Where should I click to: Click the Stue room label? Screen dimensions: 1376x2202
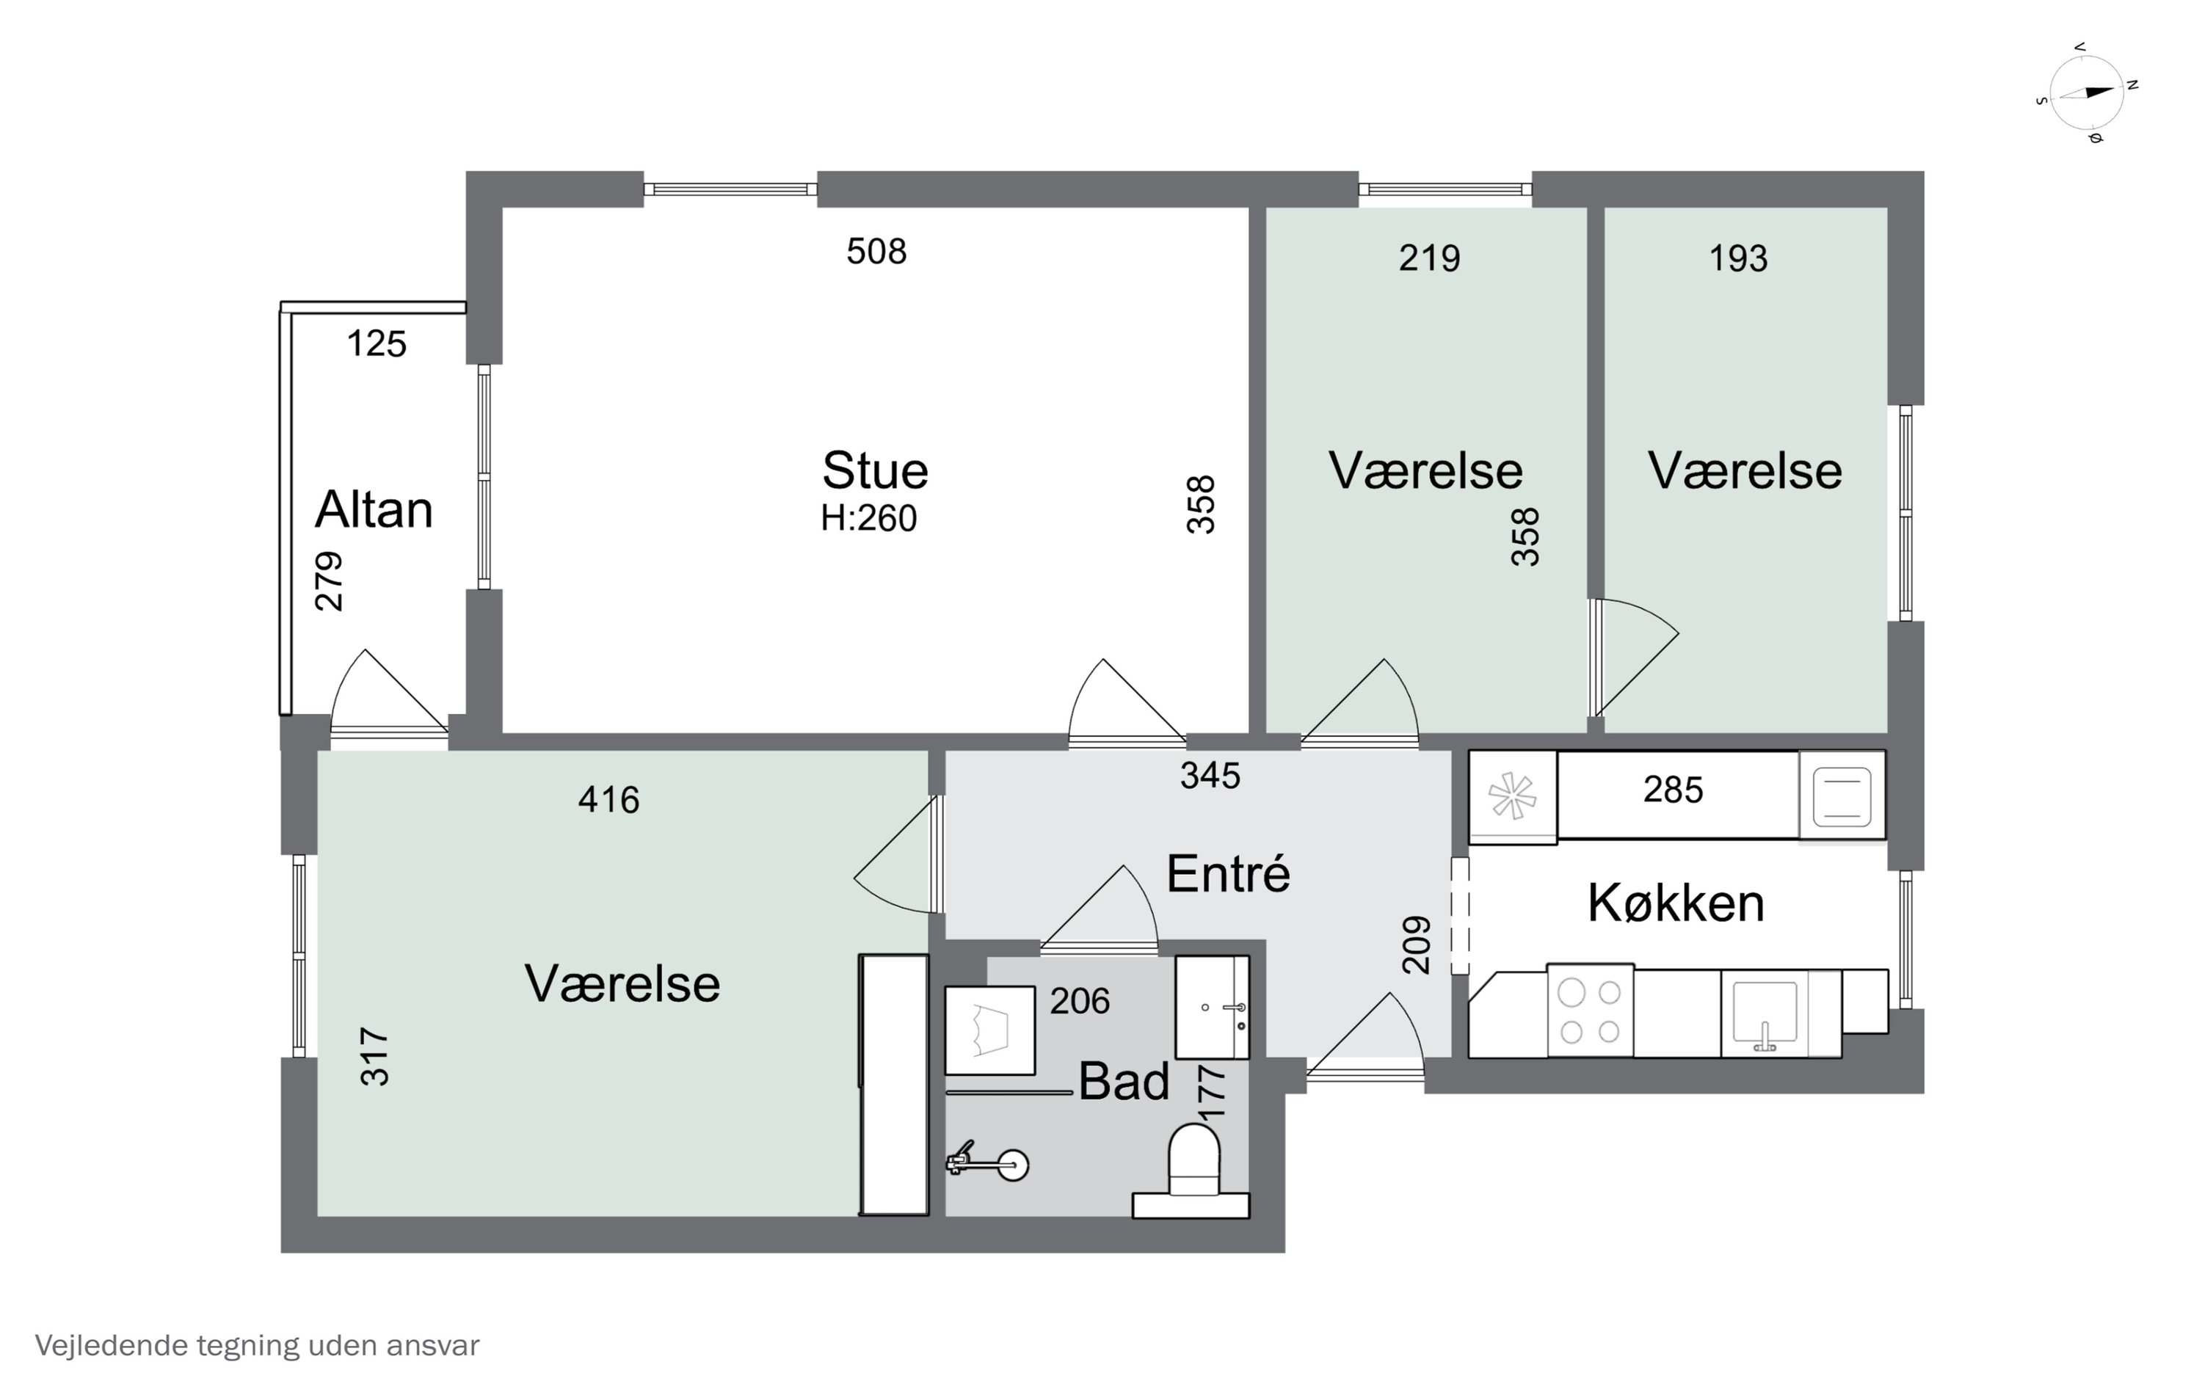pyautogui.click(x=874, y=471)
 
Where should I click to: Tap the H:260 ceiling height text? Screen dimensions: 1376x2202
pyautogui.click(x=868, y=519)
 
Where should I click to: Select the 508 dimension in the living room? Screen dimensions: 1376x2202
pyautogui.click(x=876, y=251)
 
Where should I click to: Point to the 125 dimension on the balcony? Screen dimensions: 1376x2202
pyautogui.click(x=376, y=344)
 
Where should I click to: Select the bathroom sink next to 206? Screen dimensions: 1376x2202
pyautogui.click(x=1211, y=1008)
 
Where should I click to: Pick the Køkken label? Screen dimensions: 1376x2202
pyautogui.click(x=1675, y=903)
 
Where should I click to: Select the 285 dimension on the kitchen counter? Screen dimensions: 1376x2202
pyautogui.click(x=1673, y=790)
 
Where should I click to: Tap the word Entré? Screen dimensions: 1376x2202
pyautogui.click(x=1227, y=873)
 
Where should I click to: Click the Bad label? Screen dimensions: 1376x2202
pyautogui.click(x=1123, y=1082)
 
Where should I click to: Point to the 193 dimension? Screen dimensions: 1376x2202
pyautogui.click(x=1737, y=258)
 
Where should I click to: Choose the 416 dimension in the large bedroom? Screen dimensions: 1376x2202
pyautogui.click(x=608, y=800)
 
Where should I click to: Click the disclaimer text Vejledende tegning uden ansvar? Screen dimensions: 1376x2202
pyautogui.click(x=257, y=1345)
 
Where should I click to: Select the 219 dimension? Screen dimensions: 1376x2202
pyautogui.click(x=1428, y=258)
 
